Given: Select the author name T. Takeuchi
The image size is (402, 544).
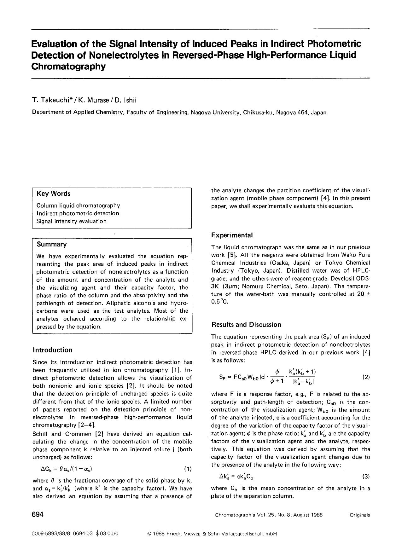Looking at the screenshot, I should point(53,100).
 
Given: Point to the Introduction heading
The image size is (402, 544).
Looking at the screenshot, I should point(52,350).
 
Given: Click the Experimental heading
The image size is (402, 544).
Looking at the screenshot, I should point(232,235).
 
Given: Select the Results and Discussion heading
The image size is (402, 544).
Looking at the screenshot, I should point(246,325).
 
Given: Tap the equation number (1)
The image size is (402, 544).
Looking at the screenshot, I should point(187,469).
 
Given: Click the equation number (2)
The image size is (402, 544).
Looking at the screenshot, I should point(366,377).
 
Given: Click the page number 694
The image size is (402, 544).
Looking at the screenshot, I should point(37,515).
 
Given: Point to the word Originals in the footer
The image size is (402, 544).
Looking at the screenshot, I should point(359,515).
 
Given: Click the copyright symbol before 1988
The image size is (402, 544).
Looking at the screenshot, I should point(149,534).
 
